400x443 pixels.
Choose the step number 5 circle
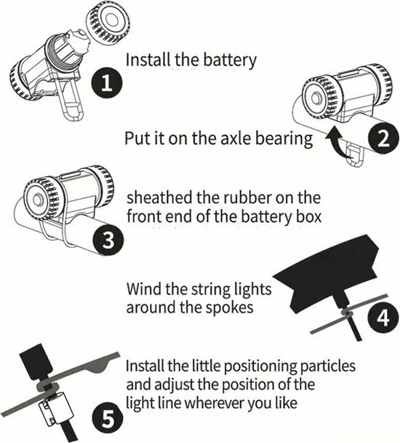(107, 419)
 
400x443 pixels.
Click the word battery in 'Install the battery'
(225, 60)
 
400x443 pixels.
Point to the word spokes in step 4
(231, 307)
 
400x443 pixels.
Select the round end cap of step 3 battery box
(36, 198)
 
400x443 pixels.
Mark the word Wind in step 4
(143, 289)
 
